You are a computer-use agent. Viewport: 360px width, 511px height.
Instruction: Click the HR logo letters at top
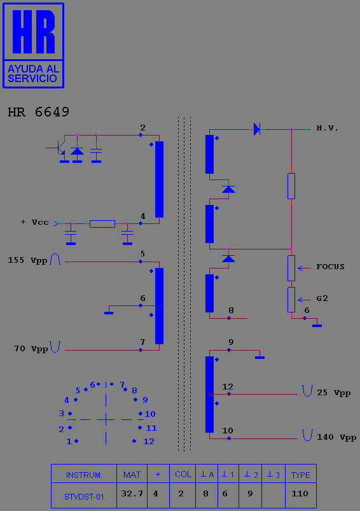tap(34, 32)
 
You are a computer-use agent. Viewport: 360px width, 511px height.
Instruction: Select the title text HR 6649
tap(38, 112)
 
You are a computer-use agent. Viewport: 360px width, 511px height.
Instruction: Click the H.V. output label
tap(327, 129)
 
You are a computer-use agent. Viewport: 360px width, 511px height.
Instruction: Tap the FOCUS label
tap(330, 267)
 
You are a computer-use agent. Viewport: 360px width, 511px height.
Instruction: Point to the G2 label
tap(322, 298)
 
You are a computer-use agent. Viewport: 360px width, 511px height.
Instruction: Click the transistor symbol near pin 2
tap(60, 148)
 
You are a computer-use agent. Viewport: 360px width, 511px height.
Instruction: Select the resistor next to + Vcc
tap(102, 224)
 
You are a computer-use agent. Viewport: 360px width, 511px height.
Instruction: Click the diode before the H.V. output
tap(257, 129)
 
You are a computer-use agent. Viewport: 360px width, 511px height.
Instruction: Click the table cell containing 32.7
tap(132, 494)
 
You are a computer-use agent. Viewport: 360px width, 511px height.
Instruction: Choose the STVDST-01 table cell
tap(84, 496)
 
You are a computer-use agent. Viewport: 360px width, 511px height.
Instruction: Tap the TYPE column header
tap(301, 475)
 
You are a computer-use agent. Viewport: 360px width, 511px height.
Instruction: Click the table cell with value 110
tap(300, 494)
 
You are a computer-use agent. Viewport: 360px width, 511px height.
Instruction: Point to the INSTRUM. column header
tap(84, 475)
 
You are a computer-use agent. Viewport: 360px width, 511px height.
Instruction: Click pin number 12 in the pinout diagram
tap(149, 442)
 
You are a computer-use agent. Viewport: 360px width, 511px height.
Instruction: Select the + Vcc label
tap(35, 222)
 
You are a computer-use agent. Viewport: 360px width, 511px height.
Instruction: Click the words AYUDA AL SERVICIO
tap(33, 74)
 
